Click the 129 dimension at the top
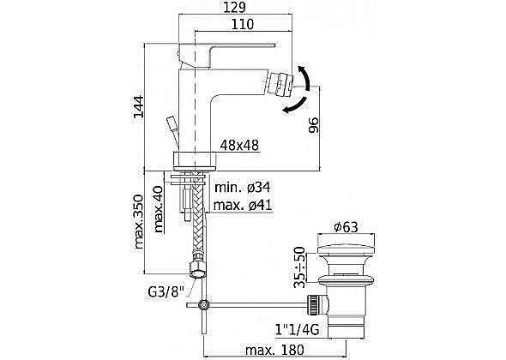[x=235, y=7]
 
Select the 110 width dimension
[x=243, y=25]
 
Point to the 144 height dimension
[x=139, y=106]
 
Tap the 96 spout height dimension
[x=313, y=125]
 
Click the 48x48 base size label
[x=239, y=145]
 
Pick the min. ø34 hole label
[x=243, y=188]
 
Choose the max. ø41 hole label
[x=243, y=205]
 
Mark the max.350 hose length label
[x=138, y=222]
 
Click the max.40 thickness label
[x=159, y=209]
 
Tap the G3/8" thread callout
[x=166, y=292]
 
